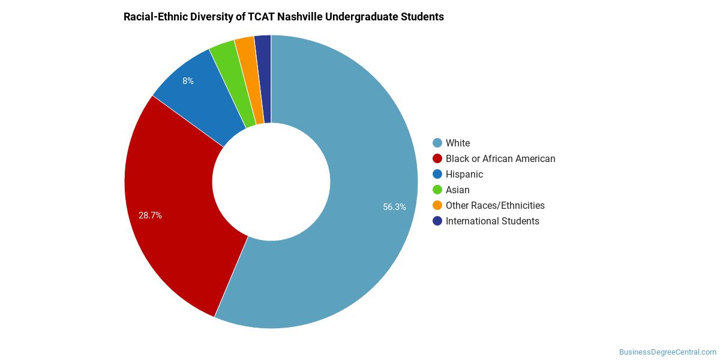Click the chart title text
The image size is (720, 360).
point(283,17)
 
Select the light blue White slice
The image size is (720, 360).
point(370,180)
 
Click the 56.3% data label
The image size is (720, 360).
point(394,207)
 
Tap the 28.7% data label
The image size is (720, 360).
point(150,215)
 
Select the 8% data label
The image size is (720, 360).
point(188,81)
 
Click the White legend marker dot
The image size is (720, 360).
point(437,143)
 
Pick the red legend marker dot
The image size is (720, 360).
point(437,158)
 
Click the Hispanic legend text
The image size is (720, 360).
point(464,174)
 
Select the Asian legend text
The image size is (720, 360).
point(457,190)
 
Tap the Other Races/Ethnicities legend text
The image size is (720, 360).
point(495,205)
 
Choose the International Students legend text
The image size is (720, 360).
point(493,221)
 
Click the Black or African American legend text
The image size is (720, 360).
point(500,159)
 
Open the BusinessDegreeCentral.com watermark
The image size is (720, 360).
point(668,352)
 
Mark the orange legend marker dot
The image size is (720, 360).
point(437,205)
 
